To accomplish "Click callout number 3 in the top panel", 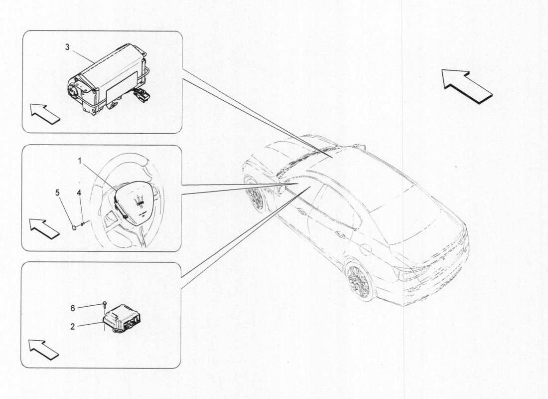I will coord(67,47).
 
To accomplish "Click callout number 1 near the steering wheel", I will coord(79,161).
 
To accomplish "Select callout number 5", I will coord(57,192).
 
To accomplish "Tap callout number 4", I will coord(79,192).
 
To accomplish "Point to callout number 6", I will coord(73,308).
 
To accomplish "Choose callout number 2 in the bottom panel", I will coord(73,327).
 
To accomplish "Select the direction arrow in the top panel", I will coord(45,113).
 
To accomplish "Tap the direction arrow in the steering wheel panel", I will coord(44,228).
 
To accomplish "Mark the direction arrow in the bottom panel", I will coord(43,349).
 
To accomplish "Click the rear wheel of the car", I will coord(360,282).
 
